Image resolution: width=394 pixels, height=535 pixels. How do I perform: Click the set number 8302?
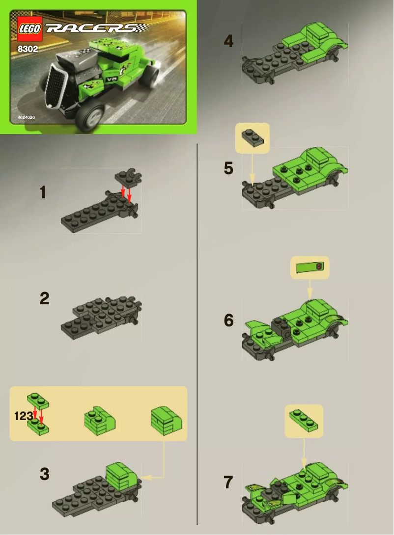click(28, 49)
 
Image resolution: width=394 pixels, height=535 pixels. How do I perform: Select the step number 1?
click(44, 192)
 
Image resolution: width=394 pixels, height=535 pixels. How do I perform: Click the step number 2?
click(45, 298)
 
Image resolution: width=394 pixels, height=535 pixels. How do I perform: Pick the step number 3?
click(45, 474)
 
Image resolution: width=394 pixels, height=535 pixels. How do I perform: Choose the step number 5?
click(228, 168)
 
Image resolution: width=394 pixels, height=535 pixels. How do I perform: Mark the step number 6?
click(229, 321)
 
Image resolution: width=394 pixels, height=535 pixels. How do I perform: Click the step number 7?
click(228, 482)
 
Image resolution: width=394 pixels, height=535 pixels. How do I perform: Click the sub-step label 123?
click(24, 416)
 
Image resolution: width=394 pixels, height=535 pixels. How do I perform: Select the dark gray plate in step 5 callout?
click(253, 137)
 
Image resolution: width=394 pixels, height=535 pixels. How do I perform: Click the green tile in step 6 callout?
click(310, 267)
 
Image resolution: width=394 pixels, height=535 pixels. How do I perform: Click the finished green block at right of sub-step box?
click(167, 420)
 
